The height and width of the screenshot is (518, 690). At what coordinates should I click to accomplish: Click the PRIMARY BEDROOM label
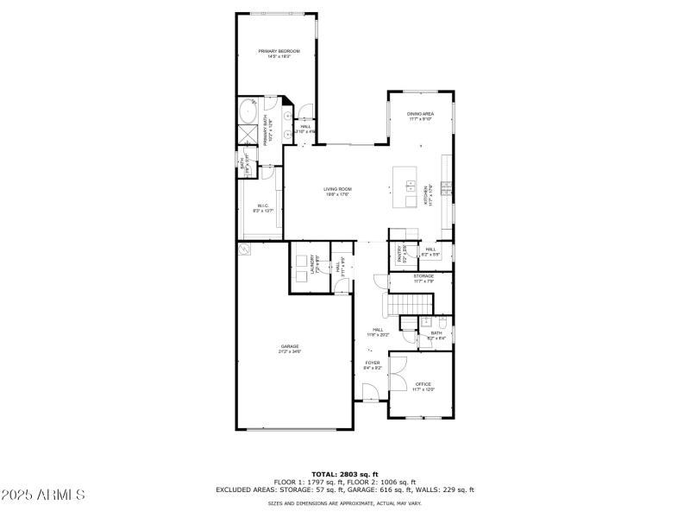(279, 52)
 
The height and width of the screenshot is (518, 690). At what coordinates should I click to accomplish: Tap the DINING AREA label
(420, 114)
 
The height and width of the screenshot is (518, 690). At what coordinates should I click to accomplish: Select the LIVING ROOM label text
(337, 189)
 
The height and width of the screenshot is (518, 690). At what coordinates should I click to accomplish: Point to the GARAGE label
(289, 346)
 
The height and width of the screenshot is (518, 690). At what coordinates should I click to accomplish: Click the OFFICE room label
(423, 384)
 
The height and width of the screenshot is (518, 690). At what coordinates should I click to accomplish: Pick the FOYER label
(373, 363)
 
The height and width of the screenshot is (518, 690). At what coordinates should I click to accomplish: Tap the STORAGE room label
(423, 276)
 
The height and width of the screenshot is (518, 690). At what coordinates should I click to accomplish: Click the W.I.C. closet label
(263, 205)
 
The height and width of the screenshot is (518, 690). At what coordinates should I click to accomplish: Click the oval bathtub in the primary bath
(247, 112)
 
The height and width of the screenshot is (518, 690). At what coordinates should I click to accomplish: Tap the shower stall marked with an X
(247, 136)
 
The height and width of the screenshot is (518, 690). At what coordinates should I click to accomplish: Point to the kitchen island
(405, 188)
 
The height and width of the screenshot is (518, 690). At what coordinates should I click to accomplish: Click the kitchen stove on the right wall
(446, 187)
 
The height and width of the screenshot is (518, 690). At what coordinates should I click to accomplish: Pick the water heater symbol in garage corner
(246, 250)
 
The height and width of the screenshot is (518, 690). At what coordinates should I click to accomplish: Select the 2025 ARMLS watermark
(43, 495)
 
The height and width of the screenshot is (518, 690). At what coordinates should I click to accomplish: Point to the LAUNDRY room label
(317, 266)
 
